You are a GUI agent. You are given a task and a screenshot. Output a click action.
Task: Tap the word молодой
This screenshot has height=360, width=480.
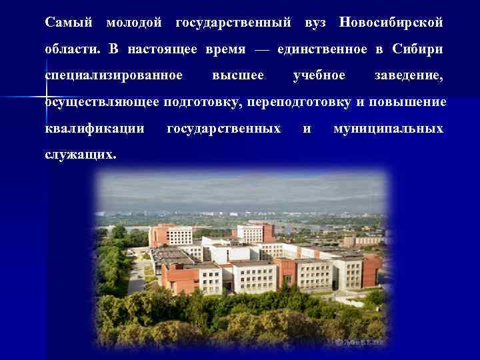click(x=133, y=23)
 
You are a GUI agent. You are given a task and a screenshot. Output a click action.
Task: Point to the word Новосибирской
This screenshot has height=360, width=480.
click(x=391, y=23)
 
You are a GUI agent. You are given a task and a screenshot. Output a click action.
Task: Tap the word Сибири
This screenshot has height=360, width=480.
click(x=418, y=49)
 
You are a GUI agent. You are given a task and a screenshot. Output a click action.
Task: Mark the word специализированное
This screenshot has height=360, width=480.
click(x=113, y=75)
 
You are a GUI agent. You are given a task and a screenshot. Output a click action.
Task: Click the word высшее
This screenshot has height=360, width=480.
click(x=237, y=75)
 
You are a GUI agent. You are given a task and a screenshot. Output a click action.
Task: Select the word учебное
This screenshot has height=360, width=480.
click(x=319, y=75)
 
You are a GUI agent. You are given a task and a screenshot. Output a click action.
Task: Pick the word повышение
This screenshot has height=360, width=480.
click(x=407, y=102)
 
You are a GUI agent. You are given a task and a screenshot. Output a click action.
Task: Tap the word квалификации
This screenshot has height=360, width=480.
click(x=95, y=128)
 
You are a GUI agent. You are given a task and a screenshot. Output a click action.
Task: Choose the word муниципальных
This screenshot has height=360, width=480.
click(x=388, y=128)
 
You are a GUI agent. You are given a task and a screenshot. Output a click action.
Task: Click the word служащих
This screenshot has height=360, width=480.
click(x=80, y=154)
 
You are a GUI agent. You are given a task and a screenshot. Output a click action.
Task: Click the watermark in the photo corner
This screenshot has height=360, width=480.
click(x=360, y=342)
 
